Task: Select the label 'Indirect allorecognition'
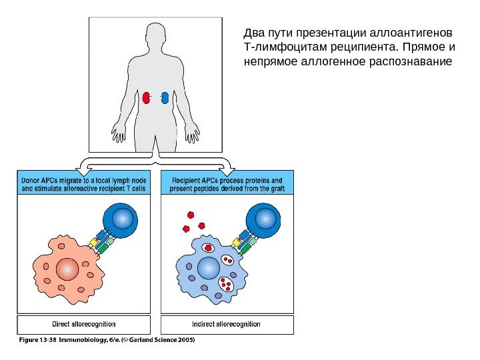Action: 226,325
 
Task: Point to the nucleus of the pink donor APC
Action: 67,269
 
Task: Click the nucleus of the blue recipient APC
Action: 208,267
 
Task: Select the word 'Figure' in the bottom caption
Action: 27,339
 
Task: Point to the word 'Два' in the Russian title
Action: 255,33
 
